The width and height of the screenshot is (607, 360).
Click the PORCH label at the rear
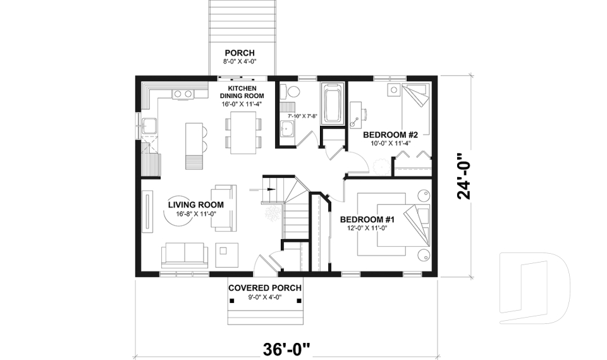(239, 53)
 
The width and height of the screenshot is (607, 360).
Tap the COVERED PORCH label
(264, 288)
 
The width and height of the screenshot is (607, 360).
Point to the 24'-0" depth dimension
(466, 175)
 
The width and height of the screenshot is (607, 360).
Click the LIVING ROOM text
(195, 204)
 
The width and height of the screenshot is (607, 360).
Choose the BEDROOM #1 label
(367, 220)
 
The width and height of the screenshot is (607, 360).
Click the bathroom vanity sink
(286, 130)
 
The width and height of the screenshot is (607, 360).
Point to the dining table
(243, 132)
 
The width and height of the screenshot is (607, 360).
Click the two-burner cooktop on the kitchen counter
(183, 94)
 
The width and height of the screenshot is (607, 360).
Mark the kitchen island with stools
(193, 145)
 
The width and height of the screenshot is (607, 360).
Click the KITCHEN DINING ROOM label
(242, 96)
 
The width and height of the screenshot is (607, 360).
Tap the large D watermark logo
(534, 288)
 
